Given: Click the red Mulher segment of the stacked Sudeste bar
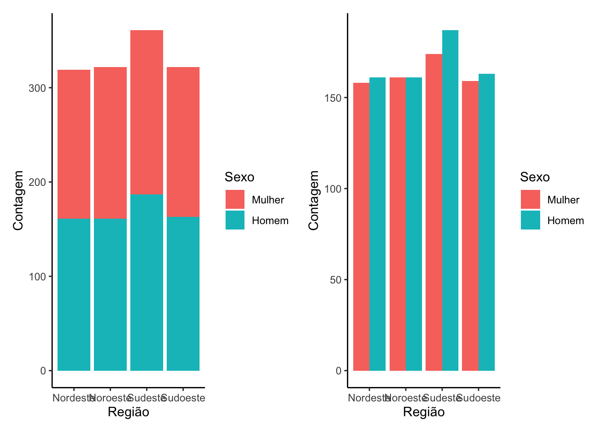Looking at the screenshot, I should coord(147,112).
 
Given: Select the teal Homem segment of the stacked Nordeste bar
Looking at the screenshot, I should coord(74,294).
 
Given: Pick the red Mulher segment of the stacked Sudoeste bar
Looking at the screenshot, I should coord(183,142).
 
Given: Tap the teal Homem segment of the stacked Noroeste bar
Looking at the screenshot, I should coord(110,294).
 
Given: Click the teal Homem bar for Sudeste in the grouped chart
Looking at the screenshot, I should coord(450,200).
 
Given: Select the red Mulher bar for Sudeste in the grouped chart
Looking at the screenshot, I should coord(434,212).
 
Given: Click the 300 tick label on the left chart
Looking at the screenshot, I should coord(37,88).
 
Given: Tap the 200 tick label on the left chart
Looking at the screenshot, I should coord(37,182).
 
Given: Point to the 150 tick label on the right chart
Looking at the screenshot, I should coord(333,98).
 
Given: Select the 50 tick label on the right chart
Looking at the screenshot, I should coord(336,280).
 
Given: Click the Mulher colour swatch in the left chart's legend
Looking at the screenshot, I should coord(235,199).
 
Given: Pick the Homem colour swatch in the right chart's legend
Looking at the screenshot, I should coord(530,220).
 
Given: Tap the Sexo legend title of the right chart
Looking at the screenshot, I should coord(535,177).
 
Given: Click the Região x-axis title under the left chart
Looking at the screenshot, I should coord(129,412).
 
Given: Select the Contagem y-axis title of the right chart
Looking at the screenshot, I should coord(313,200).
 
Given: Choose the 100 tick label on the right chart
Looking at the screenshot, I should coord(333,189).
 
